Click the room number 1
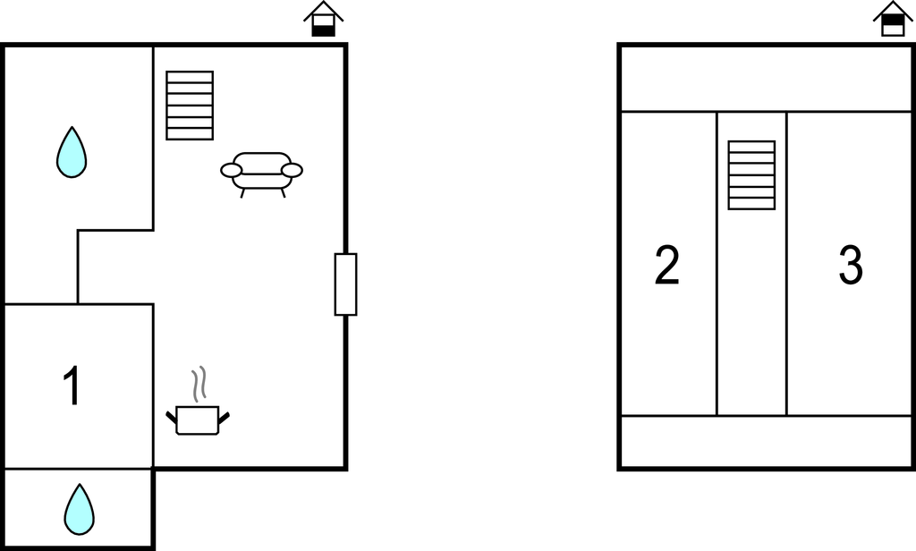(72, 386)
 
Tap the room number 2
(666, 266)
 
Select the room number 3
(851, 266)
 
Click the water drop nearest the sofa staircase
(72, 152)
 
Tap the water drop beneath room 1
(79, 509)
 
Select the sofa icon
(262, 174)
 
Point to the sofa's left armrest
(231, 170)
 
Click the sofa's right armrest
(293, 170)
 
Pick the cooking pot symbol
(198, 420)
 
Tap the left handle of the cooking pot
(172, 417)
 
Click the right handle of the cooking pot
(224, 417)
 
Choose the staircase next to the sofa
(190, 106)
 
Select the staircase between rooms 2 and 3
(751, 175)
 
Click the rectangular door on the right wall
(346, 284)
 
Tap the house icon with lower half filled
(324, 20)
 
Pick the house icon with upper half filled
(893, 20)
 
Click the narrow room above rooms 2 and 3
(766, 79)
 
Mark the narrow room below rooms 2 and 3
(766, 442)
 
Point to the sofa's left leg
(242, 193)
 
